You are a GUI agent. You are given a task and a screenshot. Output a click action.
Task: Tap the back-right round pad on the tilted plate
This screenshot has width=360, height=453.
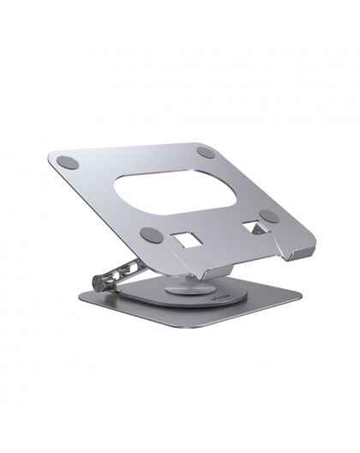point(206,153)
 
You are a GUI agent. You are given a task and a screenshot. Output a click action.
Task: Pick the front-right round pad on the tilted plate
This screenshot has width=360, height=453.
point(268,215)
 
